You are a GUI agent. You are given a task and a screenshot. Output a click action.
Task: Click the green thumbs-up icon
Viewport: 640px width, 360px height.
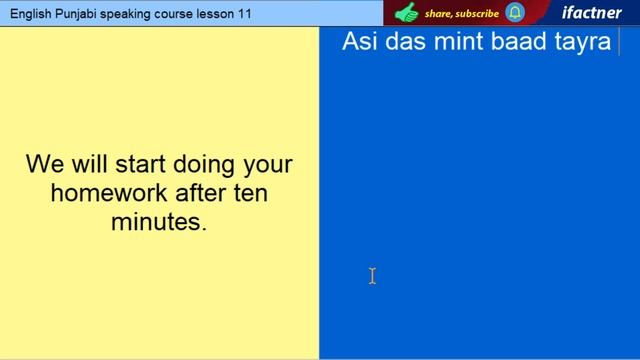pyautogui.click(x=406, y=13)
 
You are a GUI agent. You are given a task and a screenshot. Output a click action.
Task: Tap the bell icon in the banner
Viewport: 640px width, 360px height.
pyautogui.click(x=515, y=13)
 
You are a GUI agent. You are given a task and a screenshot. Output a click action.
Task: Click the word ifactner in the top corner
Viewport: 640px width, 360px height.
pyautogui.click(x=591, y=13)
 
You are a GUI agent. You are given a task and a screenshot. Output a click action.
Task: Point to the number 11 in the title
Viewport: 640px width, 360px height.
pyautogui.click(x=245, y=13)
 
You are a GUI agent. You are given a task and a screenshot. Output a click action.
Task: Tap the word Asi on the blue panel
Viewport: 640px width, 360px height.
pyautogui.click(x=361, y=42)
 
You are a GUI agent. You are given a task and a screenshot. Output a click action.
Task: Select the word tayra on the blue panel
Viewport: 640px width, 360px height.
pyautogui.click(x=579, y=43)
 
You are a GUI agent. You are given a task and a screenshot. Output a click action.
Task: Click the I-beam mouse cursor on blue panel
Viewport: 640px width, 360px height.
pyautogui.click(x=372, y=276)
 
